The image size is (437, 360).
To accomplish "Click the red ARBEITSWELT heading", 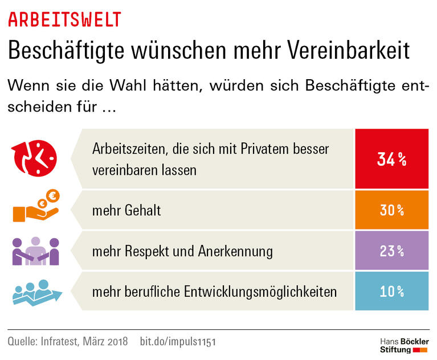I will pos(64,19).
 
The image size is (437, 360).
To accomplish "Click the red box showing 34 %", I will pos(392,159).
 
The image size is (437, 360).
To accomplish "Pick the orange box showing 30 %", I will pos(392,210).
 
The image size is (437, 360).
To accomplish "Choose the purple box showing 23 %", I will pos(392,251).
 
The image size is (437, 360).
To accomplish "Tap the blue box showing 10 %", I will pos(392,292).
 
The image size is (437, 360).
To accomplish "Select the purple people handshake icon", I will pos(35,251).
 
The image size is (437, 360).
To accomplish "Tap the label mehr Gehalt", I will pos(126,210).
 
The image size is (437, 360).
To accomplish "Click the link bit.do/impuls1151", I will pos(178,342).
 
